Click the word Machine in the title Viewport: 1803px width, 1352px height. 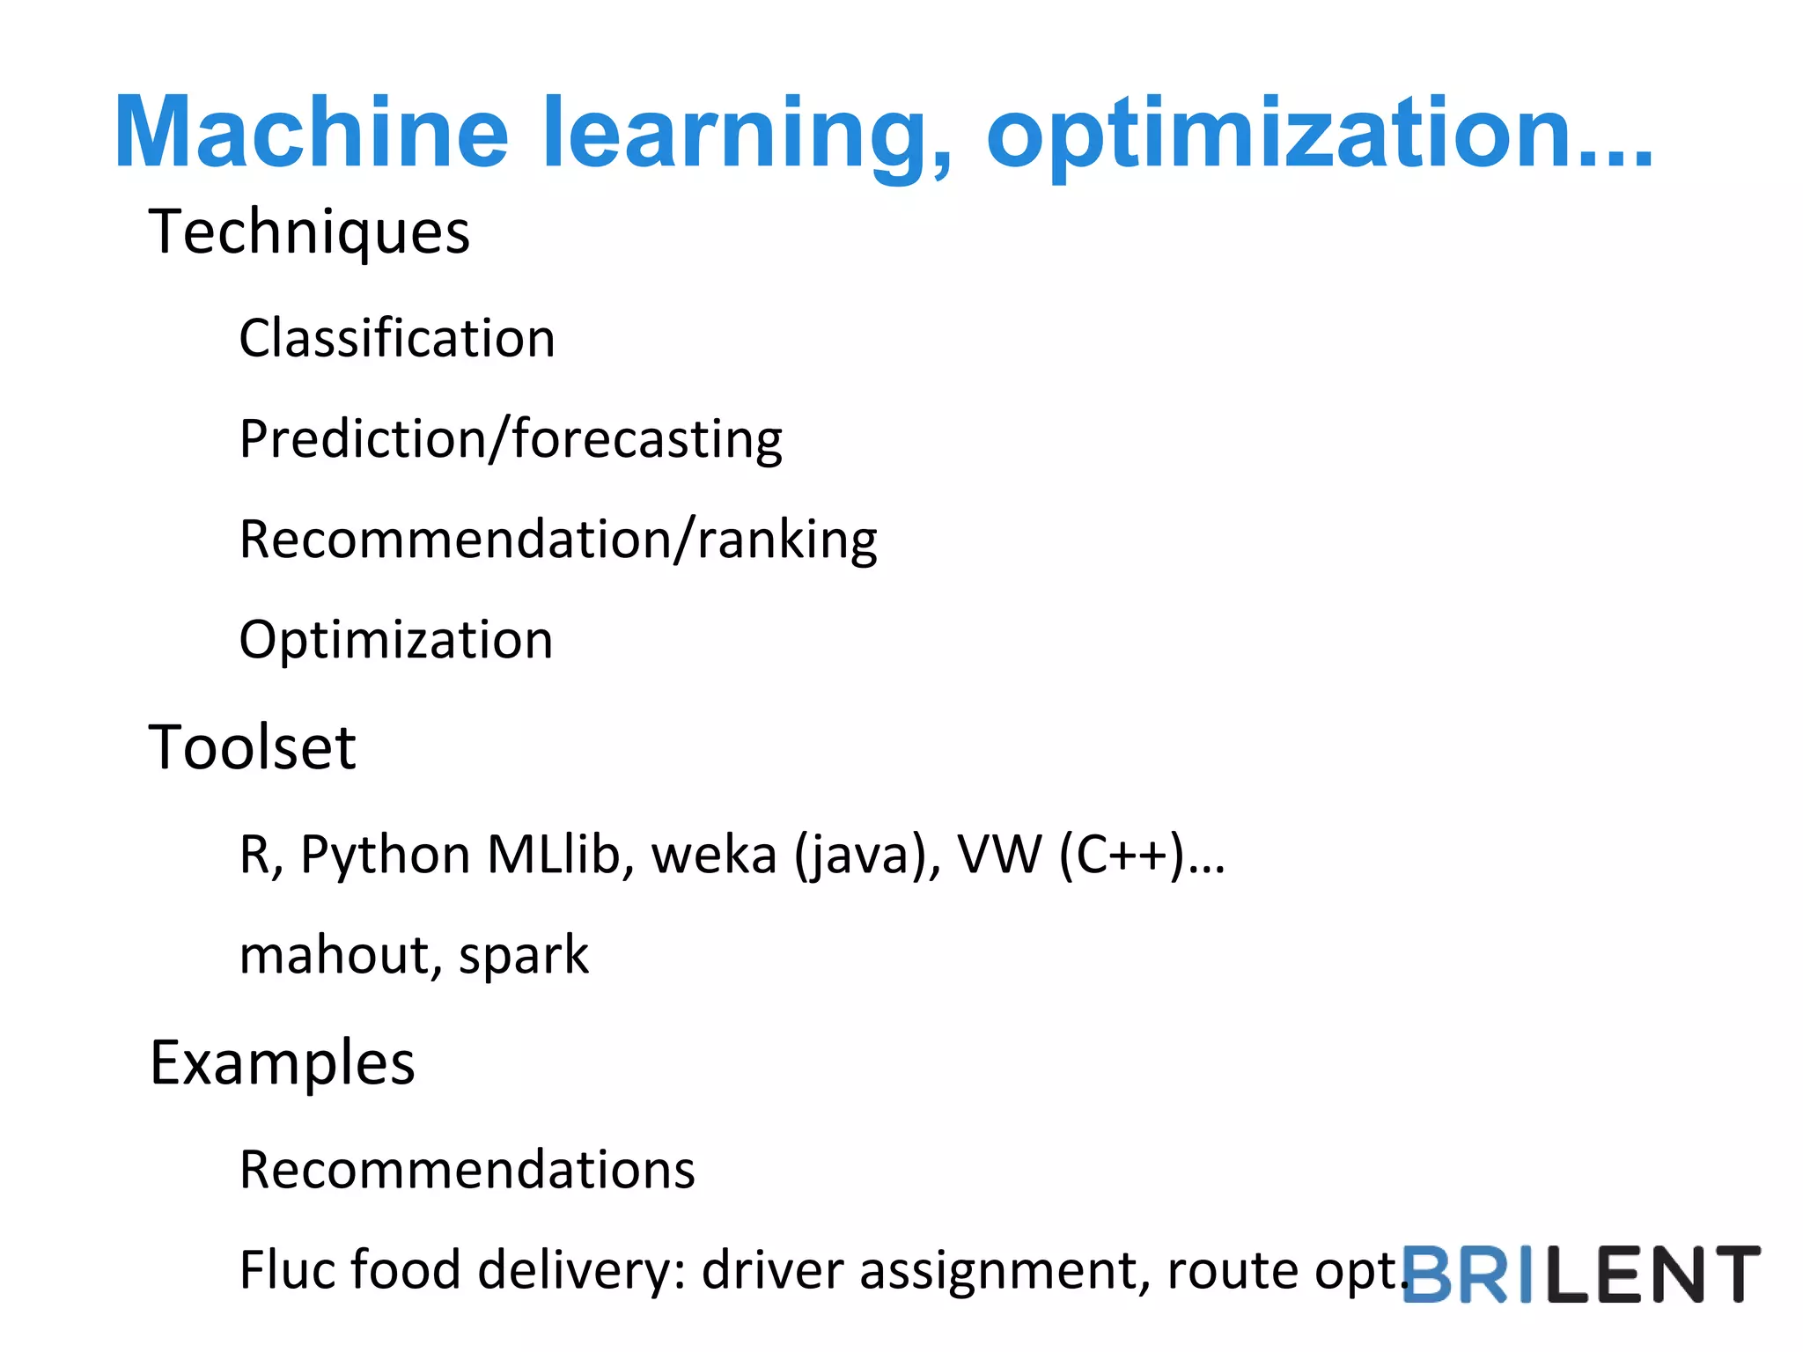pyautogui.click(x=312, y=132)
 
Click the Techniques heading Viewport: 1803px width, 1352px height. pyautogui.click(x=309, y=232)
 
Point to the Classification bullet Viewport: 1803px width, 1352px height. pyautogui.click(x=397, y=339)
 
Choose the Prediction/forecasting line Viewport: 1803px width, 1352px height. pyautogui.click(x=511, y=439)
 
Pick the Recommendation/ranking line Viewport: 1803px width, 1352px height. pyautogui.click(x=558, y=540)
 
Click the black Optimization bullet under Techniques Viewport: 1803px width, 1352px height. pyautogui.click(x=396, y=640)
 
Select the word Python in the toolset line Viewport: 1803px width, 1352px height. pyautogui.click(x=386, y=855)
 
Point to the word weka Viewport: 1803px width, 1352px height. pyautogui.click(x=714, y=855)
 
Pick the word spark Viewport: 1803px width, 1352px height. pyautogui.click(x=524, y=956)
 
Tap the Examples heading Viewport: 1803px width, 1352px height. pyautogui.click(x=283, y=1063)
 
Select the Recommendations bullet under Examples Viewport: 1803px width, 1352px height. pyautogui.click(x=467, y=1170)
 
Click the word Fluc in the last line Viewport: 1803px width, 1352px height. pyautogui.click(x=287, y=1270)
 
